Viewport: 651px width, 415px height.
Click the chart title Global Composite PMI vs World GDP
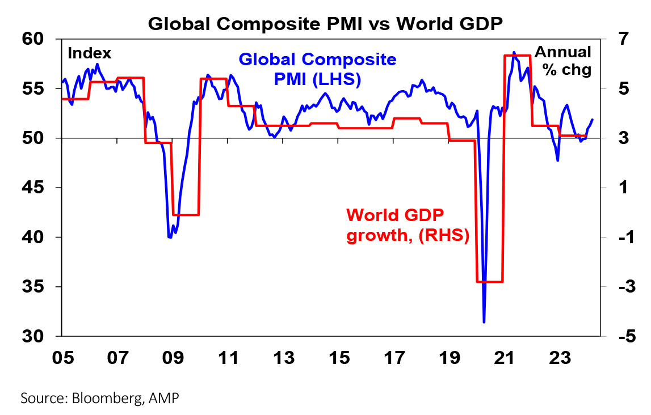point(325,23)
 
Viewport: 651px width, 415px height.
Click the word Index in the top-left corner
point(89,54)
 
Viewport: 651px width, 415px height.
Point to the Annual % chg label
point(563,61)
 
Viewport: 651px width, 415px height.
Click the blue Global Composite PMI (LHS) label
point(317,69)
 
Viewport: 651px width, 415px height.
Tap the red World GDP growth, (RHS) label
point(407,225)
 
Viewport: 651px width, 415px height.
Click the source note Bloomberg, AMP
point(100,398)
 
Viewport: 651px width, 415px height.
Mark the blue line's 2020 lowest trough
point(484,322)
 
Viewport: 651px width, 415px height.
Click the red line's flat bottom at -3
point(489,281)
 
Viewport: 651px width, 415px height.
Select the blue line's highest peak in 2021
point(514,52)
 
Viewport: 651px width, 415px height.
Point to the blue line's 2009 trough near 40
point(170,237)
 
